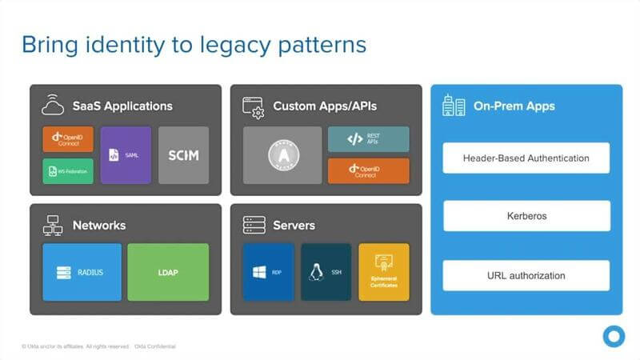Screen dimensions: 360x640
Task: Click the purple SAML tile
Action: (x=126, y=155)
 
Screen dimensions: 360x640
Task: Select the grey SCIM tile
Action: (x=183, y=155)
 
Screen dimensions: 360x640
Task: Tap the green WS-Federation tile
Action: (x=68, y=171)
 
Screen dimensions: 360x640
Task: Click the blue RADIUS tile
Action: (x=82, y=272)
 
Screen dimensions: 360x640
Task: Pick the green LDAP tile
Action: (x=168, y=272)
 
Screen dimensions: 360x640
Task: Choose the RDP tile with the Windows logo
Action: (x=268, y=272)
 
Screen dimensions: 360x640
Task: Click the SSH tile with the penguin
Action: (x=326, y=272)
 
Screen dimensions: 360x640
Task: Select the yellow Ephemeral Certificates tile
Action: (x=383, y=272)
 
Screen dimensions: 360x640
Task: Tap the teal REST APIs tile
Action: (x=368, y=139)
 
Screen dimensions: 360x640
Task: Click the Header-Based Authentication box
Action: (x=526, y=158)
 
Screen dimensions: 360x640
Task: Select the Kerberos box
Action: (x=526, y=216)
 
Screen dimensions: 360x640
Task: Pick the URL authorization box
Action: (x=526, y=275)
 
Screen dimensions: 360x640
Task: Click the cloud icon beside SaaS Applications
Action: (x=54, y=105)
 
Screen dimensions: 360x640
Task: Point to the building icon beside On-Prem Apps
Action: (x=454, y=106)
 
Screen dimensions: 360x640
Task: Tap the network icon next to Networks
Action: (x=53, y=225)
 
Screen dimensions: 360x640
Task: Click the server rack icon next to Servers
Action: (x=254, y=225)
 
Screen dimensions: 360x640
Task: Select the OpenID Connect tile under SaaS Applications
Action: (x=68, y=139)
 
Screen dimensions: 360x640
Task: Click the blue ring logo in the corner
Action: (x=614, y=336)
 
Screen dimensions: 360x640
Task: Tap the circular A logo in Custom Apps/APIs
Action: (x=282, y=155)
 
